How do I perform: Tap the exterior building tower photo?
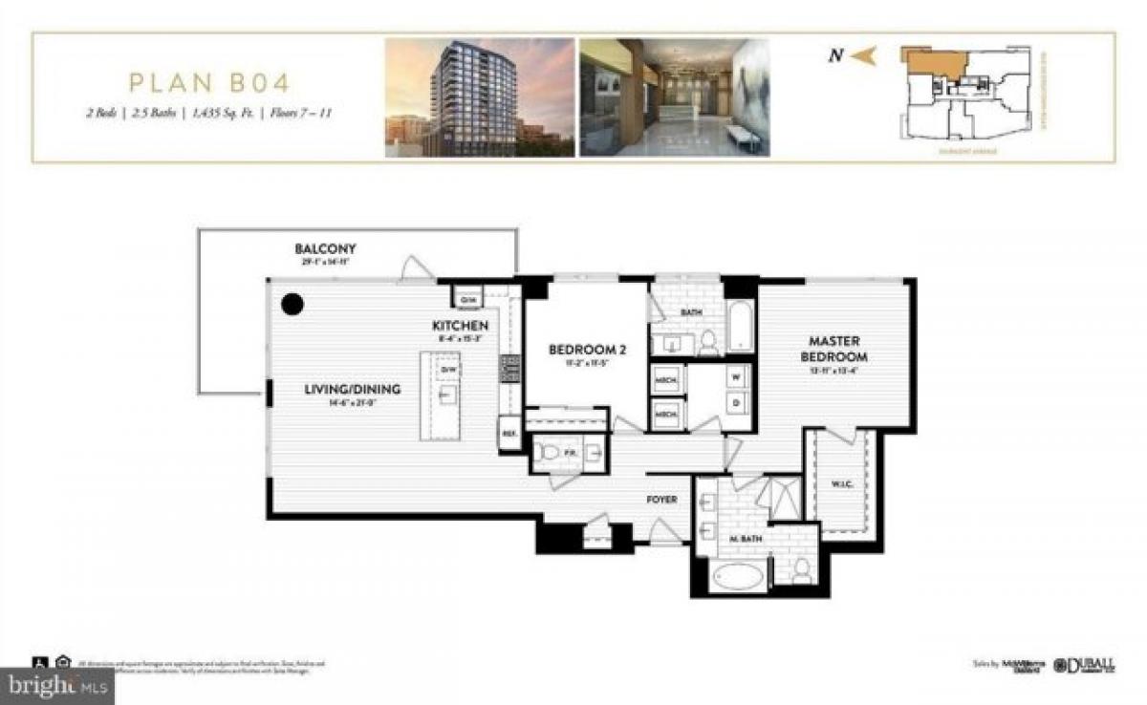(x=479, y=97)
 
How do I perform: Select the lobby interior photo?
(x=674, y=97)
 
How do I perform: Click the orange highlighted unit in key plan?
(x=934, y=66)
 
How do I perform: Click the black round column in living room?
(x=292, y=305)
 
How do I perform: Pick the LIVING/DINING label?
(x=352, y=389)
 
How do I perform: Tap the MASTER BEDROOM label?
(x=834, y=348)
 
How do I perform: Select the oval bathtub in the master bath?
(x=737, y=576)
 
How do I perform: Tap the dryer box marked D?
(x=735, y=402)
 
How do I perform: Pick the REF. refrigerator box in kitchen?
(x=509, y=433)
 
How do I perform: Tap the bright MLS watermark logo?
(x=57, y=684)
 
